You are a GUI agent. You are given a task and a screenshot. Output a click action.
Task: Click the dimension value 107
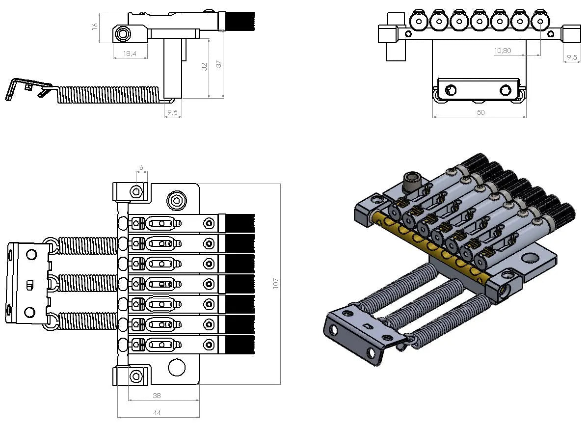point(276,283)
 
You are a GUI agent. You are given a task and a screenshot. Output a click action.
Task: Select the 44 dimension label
point(157,413)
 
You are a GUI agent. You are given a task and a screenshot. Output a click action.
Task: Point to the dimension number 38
point(157,395)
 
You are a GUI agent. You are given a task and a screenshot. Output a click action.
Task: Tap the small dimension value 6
point(141,168)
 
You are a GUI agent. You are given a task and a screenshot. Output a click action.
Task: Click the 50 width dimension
point(480,112)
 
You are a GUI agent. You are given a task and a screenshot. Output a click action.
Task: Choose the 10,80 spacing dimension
point(503,51)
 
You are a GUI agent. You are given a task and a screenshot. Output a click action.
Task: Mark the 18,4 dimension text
point(130,53)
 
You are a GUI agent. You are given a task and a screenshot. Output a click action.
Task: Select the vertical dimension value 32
point(205,66)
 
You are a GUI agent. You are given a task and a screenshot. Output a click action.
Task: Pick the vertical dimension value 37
point(219,64)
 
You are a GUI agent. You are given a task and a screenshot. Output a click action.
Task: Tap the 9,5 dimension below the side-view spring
point(172,112)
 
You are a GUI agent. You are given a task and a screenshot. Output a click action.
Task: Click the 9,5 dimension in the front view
point(572,57)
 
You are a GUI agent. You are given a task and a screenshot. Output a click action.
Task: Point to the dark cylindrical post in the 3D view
point(410,182)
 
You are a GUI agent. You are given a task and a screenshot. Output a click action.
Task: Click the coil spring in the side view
point(108,95)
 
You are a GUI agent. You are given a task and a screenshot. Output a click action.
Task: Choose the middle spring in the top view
point(87,284)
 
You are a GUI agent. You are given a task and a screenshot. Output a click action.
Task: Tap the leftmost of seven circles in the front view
point(418,21)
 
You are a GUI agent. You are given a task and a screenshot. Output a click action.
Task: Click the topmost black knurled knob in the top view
point(240,223)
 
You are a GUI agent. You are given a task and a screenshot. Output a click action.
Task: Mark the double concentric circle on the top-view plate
point(176,200)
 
